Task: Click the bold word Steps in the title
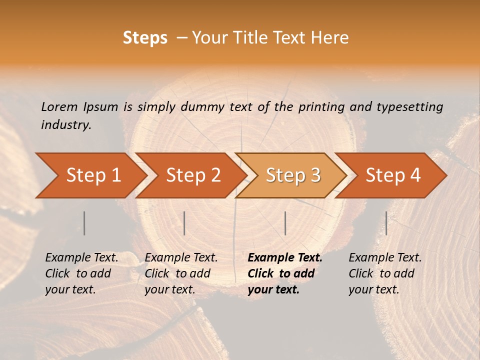[x=145, y=38]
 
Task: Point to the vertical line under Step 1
[x=84, y=223]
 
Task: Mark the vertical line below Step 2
[x=184, y=223]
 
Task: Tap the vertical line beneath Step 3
[x=285, y=223]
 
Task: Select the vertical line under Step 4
[x=386, y=223]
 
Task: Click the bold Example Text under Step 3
[x=285, y=258]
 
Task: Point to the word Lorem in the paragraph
[x=59, y=107]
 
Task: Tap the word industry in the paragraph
[x=66, y=125]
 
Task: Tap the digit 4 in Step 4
[x=414, y=175]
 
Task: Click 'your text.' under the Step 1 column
[x=70, y=289]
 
